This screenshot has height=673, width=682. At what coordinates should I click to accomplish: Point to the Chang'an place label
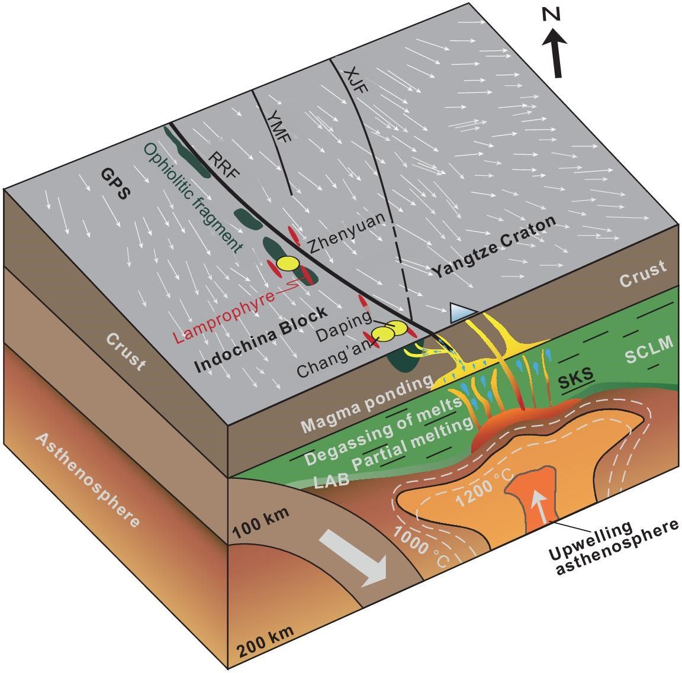coord(333,362)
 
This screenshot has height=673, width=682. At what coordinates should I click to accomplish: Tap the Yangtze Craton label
coord(494,246)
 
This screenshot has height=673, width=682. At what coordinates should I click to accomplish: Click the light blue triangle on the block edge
coord(462,312)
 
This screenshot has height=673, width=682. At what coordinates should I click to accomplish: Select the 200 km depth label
coord(266,645)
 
